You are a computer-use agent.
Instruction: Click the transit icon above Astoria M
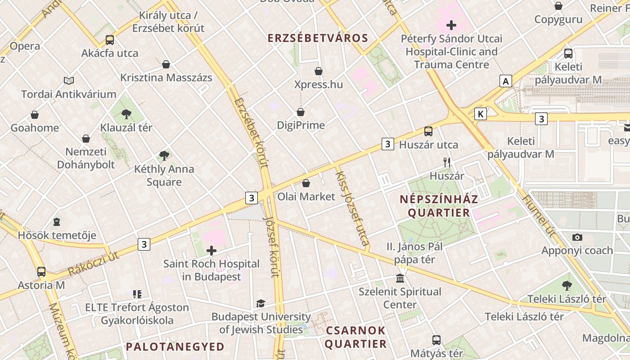coord(41,272)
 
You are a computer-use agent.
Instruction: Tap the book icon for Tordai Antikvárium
coord(69,81)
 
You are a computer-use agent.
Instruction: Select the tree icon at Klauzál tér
coord(126,114)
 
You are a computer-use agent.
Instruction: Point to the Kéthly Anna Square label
coord(164,175)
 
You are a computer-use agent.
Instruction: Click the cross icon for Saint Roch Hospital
coord(211,251)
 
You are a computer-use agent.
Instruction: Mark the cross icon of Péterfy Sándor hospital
coord(451,25)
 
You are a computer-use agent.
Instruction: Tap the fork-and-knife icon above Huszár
coord(446,162)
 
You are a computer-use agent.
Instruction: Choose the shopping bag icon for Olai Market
coord(306,183)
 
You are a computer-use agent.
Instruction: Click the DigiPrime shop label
coord(301,125)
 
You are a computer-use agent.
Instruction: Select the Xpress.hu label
coord(318,85)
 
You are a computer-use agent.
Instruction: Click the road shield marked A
coord(506,81)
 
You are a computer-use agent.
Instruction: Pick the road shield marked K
coord(481,114)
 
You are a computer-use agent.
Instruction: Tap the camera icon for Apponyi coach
coord(577,237)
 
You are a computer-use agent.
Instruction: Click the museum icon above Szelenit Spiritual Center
coord(400,278)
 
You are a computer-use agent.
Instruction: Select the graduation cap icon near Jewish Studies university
coord(261,303)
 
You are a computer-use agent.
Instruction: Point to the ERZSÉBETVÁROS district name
coord(318,38)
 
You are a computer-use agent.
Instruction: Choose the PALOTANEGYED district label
coord(175,346)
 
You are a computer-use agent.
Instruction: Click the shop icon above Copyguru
coord(558,6)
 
